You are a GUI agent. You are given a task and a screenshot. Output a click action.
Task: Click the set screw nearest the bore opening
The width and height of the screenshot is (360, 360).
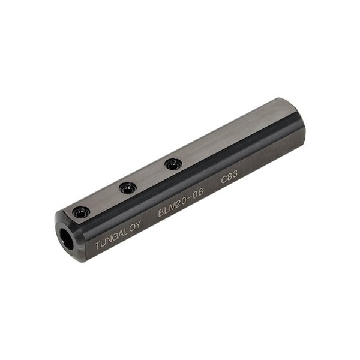coord(80,212)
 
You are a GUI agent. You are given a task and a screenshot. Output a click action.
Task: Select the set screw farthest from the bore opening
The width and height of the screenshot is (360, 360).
coord(173,164)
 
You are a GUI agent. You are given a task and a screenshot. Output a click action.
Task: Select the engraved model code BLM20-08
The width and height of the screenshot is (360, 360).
coord(181,202)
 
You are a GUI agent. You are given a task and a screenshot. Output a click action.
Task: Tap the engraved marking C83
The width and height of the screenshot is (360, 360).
coord(229,177)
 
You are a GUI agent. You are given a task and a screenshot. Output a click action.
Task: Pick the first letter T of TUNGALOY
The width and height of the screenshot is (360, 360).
coord(98,245)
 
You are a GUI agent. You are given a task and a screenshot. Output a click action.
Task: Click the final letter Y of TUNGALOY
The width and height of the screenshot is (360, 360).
coord(138,225)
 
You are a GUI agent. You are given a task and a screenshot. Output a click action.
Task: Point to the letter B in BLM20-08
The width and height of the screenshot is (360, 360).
coord(161,212)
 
